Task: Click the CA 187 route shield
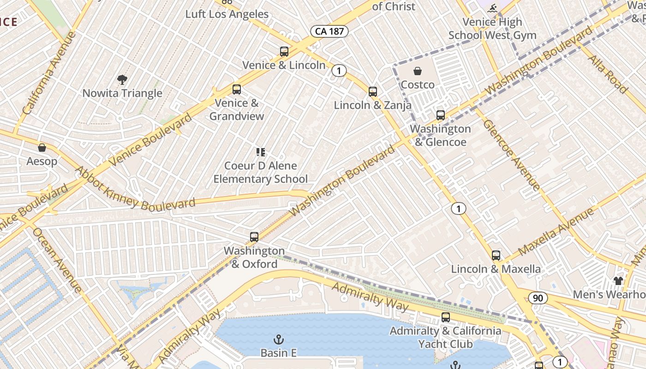(x=329, y=31)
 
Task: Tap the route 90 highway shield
(x=538, y=298)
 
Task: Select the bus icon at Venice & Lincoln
(x=284, y=52)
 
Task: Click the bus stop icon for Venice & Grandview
(x=237, y=89)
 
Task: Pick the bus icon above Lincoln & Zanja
(x=373, y=92)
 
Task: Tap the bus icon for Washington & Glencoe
(x=441, y=115)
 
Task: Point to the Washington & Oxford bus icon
(x=254, y=237)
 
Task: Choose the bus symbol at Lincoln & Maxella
(x=496, y=256)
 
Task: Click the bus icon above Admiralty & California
(x=446, y=317)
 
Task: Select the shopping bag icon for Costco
(x=418, y=71)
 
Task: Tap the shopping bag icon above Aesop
(x=42, y=148)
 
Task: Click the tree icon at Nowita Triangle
(x=122, y=80)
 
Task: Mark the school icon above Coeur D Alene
(x=261, y=152)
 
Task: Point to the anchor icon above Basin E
(x=278, y=339)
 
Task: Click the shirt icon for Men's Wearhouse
(x=618, y=280)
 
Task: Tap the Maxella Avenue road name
(x=556, y=232)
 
